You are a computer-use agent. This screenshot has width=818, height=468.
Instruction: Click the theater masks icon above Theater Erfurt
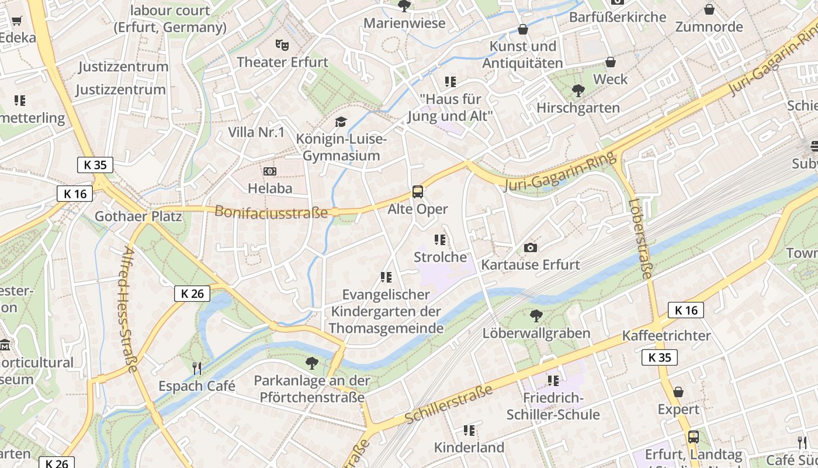pyautogui.click(x=282, y=44)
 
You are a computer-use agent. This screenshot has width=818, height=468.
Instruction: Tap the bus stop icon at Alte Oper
pyautogui.click(x=417, y=191)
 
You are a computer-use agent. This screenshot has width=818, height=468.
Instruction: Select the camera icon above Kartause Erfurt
pyautogui.click(x=531, y=247)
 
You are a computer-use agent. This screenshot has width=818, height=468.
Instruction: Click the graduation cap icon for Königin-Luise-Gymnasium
pyautogui.click(x=341, y=122)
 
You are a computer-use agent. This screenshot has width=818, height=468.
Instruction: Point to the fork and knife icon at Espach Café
pyautogui.click(x=197, y=368)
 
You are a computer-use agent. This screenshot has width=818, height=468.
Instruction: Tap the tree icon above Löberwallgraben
pyautogui.click(x=536, y=316)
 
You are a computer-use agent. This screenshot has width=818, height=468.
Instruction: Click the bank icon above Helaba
pyautogui.click(x=270, y=171)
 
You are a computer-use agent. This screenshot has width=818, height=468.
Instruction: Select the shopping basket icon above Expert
pyautogui.click(x=678, y=391)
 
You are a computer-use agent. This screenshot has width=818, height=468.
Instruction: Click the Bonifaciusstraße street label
pyautogui.click(x=271, y=212)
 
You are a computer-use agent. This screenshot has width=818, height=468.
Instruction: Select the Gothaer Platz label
pyautogui.click(x=138, y=216)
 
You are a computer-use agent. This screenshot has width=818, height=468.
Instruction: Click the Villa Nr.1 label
pyautogui.click(x=256, y=132)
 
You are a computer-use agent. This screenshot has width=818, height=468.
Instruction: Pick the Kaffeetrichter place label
pyautogui.click(x=666, y=335)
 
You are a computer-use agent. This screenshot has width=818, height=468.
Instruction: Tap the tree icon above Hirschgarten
pyautogui.click(x=578, y=90)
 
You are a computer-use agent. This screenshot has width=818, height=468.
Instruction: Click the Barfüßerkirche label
pyautogui.click(x=618, y=17)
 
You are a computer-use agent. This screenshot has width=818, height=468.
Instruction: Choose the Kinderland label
pyautogui.click(x=469, y=448)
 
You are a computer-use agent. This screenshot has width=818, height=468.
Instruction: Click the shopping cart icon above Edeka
pyautogui.click(x=17, y=21)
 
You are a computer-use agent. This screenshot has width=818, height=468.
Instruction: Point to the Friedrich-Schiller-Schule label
pyautogui.click(x=553, y=407)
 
